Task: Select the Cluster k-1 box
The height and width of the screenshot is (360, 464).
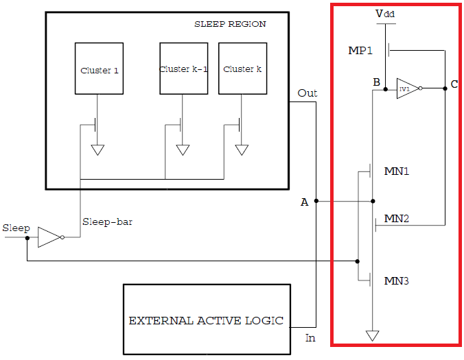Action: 183,68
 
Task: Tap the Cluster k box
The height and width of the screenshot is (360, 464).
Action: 242,68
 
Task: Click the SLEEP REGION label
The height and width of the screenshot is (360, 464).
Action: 231,24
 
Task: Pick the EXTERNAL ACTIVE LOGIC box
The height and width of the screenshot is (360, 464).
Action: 205,320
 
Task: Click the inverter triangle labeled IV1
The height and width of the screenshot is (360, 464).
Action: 406,88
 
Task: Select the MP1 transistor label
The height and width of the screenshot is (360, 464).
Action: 361,51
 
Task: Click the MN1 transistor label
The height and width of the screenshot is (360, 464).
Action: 397,171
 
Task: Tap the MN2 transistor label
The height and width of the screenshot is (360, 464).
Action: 397,219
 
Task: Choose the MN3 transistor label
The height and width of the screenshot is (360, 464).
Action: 397,280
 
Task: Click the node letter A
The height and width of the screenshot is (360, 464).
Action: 304,202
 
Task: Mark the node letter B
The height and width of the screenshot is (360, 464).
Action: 376,83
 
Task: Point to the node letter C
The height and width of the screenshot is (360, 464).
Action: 454,84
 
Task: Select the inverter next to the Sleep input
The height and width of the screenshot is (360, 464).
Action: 49,237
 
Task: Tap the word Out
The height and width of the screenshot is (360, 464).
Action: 308,93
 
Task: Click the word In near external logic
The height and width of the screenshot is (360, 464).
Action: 310,337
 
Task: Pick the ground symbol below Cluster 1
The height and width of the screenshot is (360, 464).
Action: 98,149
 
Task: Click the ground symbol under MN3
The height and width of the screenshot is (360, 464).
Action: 373,335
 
